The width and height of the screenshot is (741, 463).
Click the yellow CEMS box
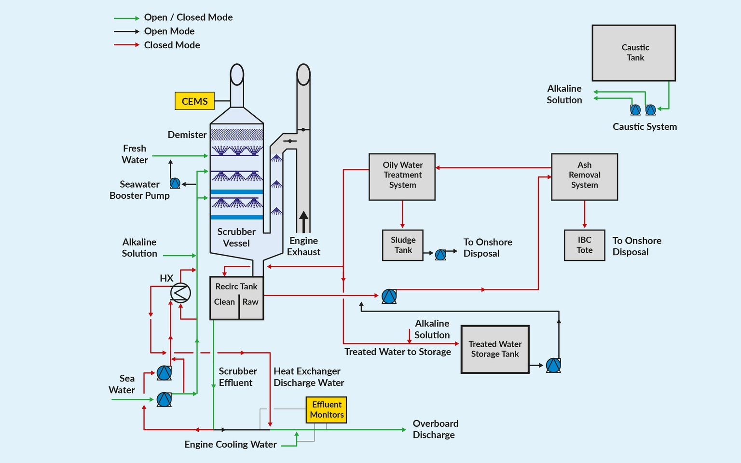(194, 101)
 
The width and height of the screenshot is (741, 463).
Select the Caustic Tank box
(633, 53)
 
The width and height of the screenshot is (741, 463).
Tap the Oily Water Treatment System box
(402, 177)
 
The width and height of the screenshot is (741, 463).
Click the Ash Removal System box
(584, 177)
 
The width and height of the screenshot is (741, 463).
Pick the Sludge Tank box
(403, 245)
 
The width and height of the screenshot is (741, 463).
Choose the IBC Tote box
(584, 245)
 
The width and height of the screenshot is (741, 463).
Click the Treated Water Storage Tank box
(495, 349)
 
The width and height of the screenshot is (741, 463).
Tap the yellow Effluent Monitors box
(327, 410)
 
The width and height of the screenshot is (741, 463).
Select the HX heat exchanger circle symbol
(180, 293)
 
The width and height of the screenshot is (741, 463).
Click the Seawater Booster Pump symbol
(175, 183)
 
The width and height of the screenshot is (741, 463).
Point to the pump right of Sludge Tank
(440, 254)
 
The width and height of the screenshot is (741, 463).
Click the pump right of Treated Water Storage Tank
(553, 365)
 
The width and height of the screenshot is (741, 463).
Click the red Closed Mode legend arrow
(126, 45)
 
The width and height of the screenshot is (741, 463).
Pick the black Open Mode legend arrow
(126, 31)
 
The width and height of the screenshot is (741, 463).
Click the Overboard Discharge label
(435, 429)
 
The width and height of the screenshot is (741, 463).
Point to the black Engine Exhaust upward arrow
(303, 221)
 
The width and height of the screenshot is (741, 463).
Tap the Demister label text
(187, 135)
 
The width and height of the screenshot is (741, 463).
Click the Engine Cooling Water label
(231, 444)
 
